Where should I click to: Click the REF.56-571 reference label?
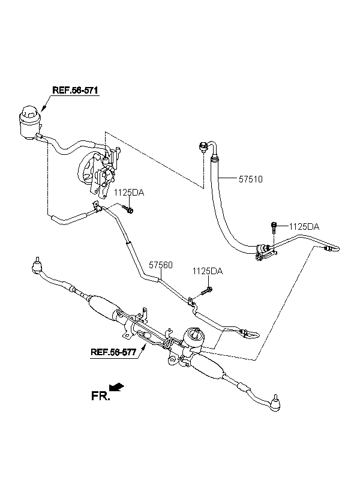coord(76,91)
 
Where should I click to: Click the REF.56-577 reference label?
coord(113,352)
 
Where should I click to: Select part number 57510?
coord(251,179)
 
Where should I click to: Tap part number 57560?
coord(161,265)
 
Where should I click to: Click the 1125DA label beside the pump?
coord(129,193)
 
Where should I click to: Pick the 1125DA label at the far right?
coord(304,227)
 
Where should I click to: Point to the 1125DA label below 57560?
coord(208,271)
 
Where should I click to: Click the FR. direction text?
coord(101,396)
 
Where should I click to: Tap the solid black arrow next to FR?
coord(118,387)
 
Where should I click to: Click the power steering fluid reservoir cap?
coord(31,112)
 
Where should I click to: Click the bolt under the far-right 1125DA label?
coord(274,227)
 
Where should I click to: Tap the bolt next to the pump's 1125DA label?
coord(128,209)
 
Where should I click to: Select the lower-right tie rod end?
coord(275,403)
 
